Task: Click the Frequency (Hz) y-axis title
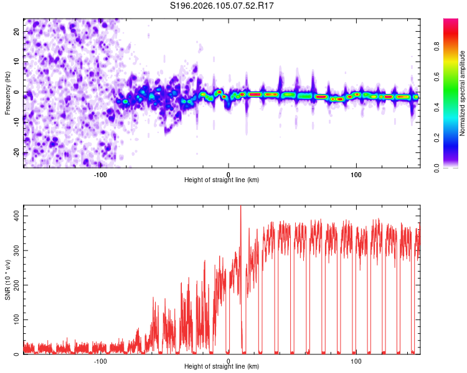tap(7, 93)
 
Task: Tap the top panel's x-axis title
tap(222, 180)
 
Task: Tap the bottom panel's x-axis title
tap(222, 367)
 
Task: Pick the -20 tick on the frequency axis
tap(16, 153)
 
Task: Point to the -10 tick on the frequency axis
tap(16, 122)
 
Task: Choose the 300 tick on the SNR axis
tap(16, 250)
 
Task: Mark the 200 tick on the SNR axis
tap(16, 285)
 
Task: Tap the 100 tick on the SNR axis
tap(16, 320)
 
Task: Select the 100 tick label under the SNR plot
tap(356, 361)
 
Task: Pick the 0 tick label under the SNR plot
tap(229, 361)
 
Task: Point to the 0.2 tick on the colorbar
tap(453, 138)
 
